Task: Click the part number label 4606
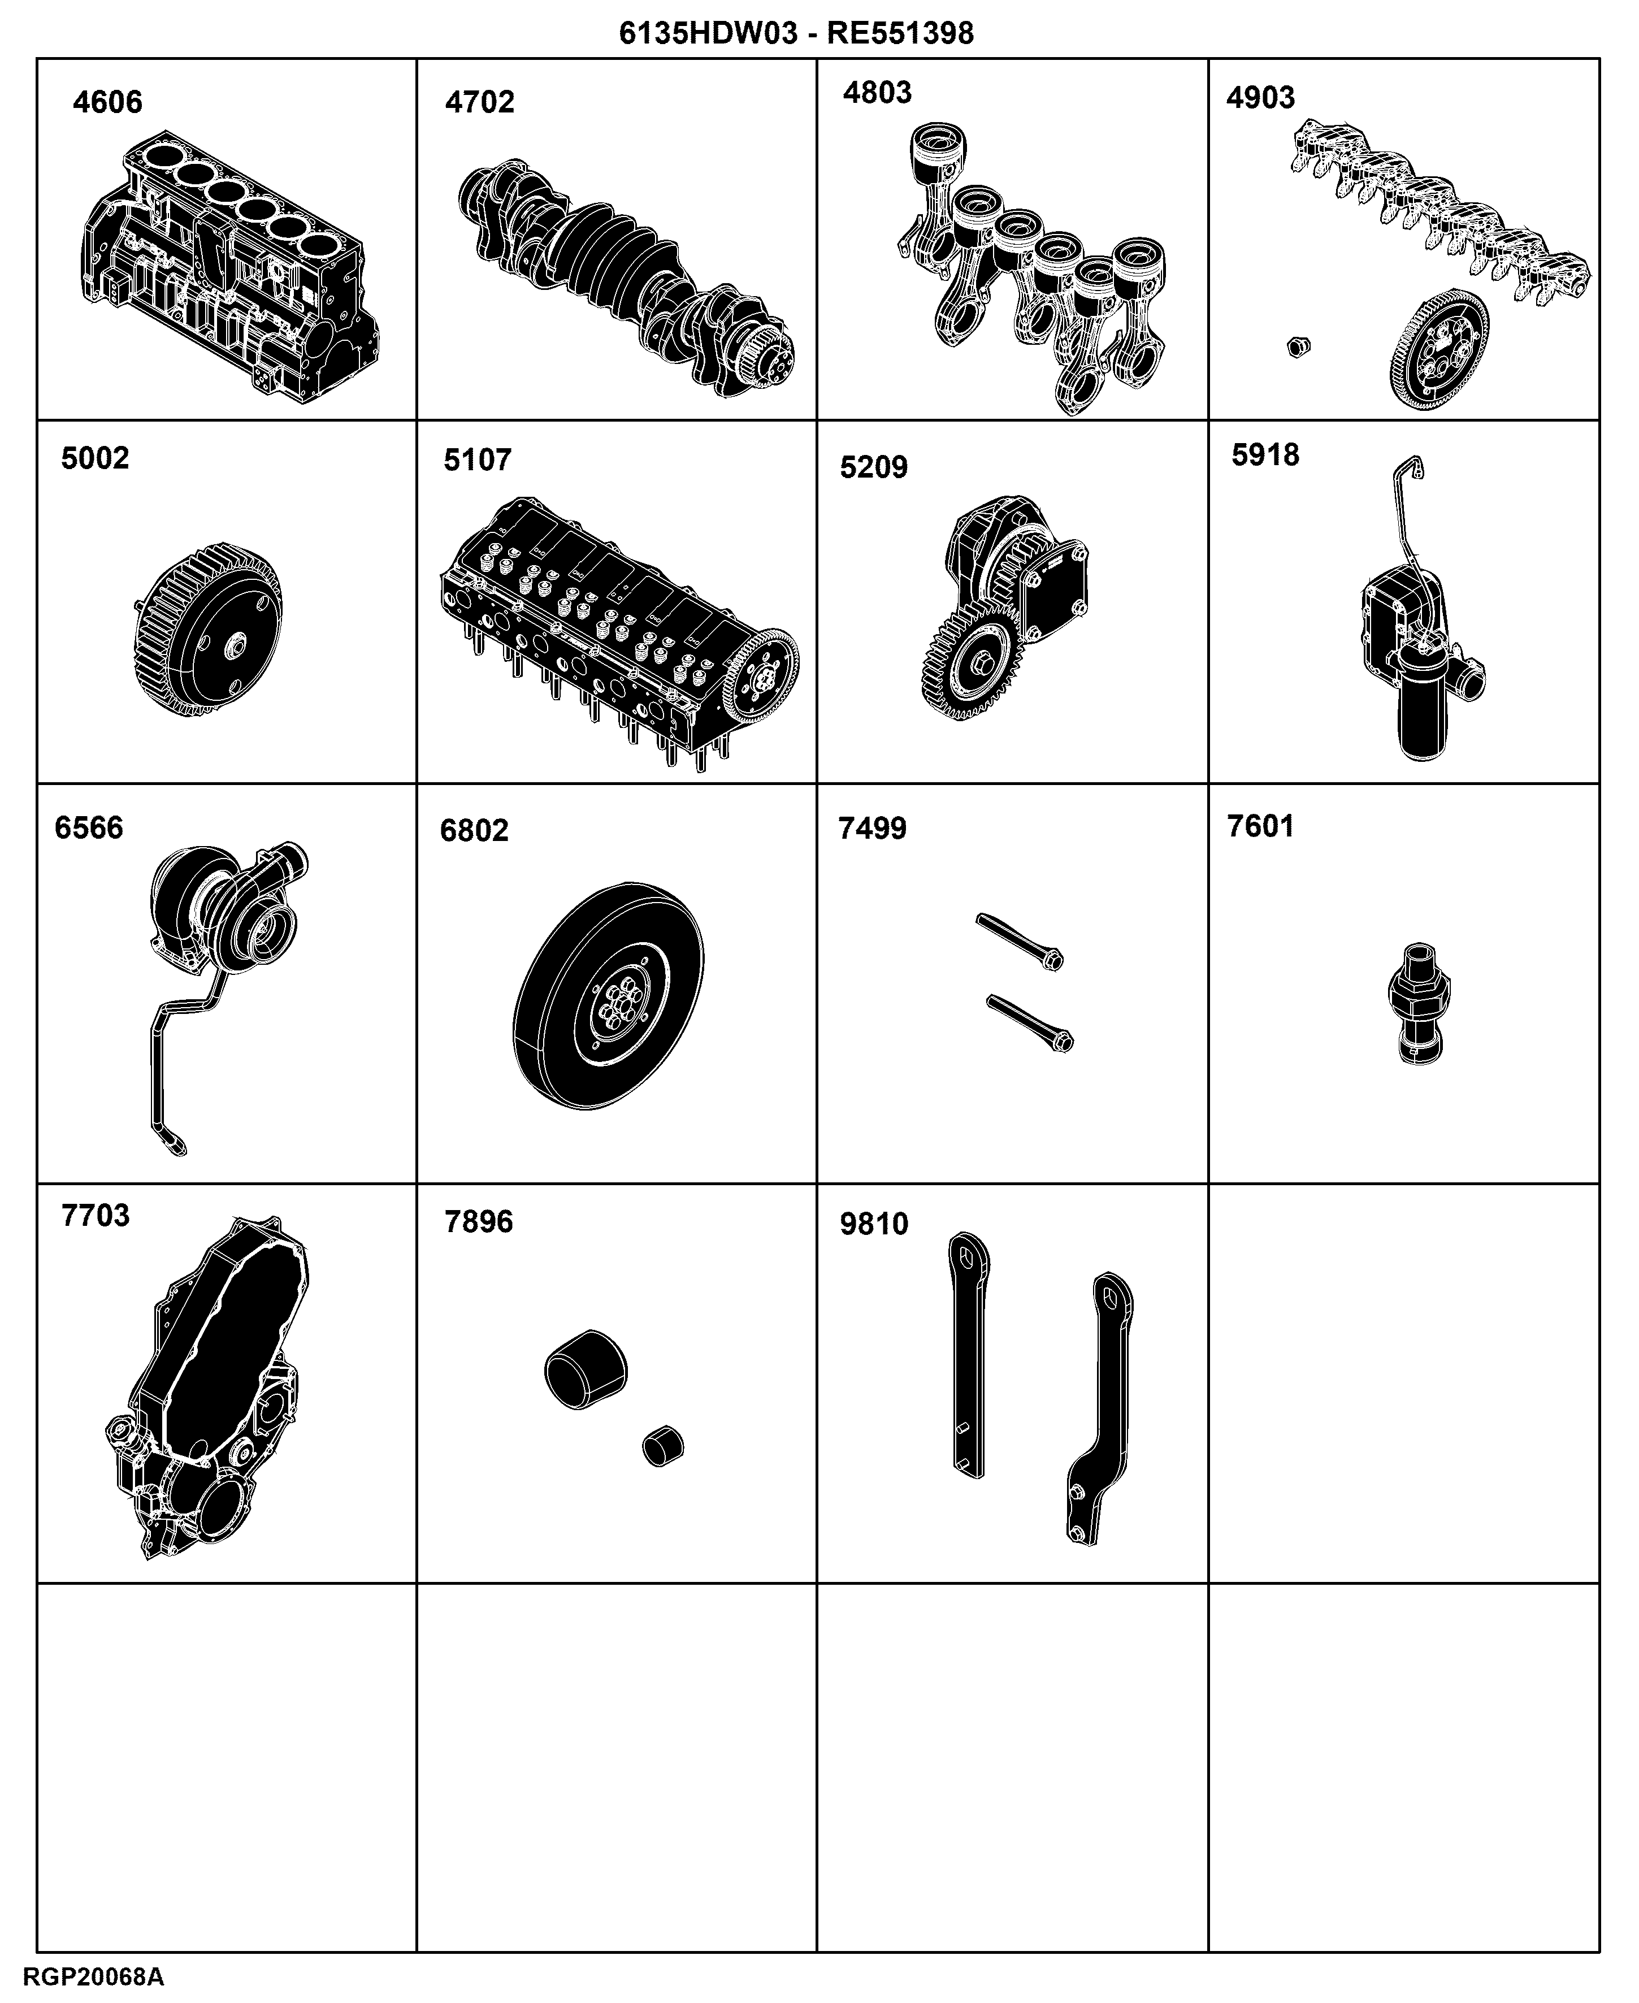click(107, 102)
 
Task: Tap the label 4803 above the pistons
click(877, 93)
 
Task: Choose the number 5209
click(873, 467)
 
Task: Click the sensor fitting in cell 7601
click(1419, 1003)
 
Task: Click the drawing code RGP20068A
click(93, 1978)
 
